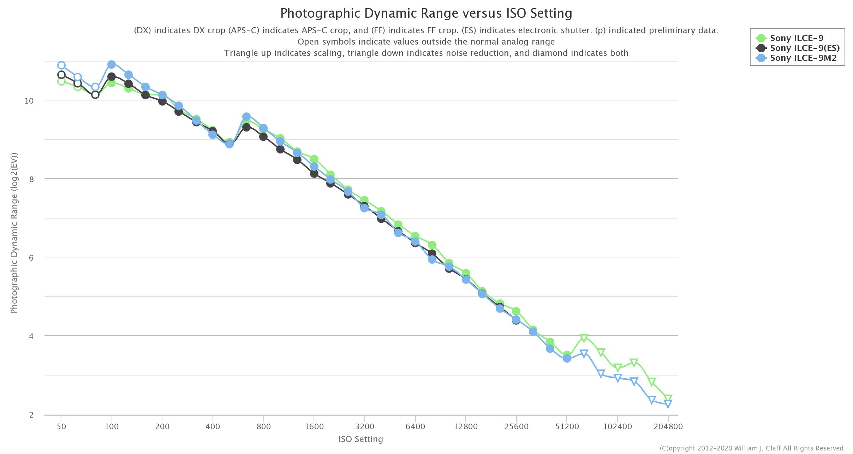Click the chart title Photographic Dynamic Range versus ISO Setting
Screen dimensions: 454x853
[426, 13]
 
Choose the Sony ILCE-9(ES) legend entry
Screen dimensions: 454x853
[805, 48]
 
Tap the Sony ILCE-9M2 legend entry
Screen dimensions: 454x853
[803, 58]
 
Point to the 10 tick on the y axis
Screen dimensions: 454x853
[29, 101]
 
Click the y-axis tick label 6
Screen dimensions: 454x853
[31, 258]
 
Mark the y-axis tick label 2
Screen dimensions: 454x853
[31, 415]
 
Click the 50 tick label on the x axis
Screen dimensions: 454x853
[61, 426]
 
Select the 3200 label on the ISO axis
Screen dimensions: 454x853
[365, 426]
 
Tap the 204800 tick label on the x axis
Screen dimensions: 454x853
[668, 426]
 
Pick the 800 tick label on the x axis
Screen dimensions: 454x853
[264, 426]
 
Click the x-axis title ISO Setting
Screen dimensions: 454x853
[360, 439]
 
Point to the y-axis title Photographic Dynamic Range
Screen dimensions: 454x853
[14, 233]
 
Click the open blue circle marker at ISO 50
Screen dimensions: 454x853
[61, 65]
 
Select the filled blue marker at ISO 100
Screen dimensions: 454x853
[112, 64]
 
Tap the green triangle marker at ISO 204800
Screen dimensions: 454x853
[668, 398]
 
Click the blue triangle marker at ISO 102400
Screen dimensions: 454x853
[618, 378]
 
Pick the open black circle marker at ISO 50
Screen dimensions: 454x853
[61, 75]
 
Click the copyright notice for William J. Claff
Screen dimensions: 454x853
[752, 448]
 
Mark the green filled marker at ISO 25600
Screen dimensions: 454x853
[516, 312]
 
